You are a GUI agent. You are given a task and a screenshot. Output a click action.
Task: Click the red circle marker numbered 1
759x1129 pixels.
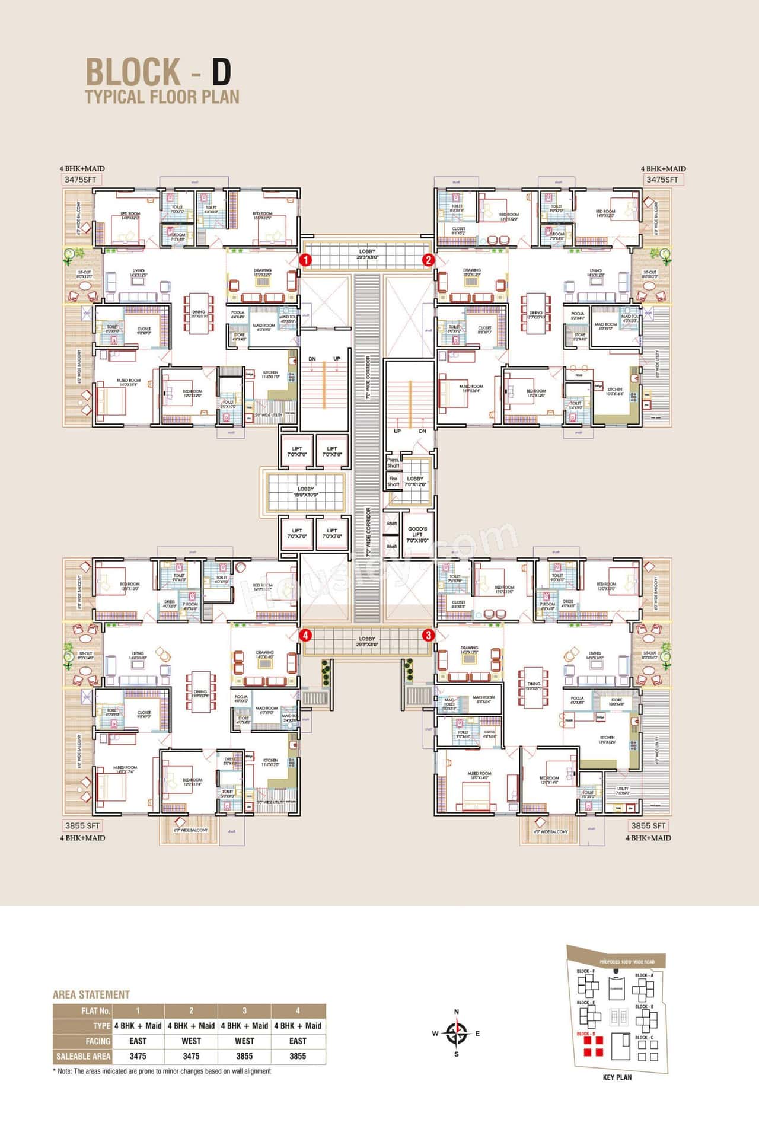(x=305, y=260)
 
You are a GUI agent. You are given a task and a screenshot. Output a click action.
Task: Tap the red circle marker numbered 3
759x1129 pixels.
(x=428, y=635)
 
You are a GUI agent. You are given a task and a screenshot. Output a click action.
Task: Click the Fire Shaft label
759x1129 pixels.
(x=393, y=481)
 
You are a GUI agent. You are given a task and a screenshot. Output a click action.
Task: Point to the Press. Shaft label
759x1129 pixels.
(x=393, y=463)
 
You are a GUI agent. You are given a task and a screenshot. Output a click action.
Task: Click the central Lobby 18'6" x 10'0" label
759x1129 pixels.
(x=306, y=492)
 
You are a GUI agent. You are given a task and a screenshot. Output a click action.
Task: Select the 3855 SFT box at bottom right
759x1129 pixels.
(x=648, y=825)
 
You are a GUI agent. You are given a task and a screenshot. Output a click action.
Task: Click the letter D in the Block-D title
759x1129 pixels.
(x=221, y=72)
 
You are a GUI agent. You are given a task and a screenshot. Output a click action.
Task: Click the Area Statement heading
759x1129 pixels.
(x=91, y=994)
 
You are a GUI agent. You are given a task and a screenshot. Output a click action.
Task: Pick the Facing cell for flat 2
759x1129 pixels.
(x=191, y=1041)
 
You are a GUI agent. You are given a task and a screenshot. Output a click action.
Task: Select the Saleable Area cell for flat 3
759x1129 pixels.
(x=244, y=1056)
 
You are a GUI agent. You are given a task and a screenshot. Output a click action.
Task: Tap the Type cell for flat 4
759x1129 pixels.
(x=298, y=1026)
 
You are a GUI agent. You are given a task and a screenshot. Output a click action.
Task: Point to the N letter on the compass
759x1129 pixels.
(x=456, y=1012)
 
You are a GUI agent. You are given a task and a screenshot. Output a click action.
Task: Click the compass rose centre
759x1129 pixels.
(x=456, y=1033)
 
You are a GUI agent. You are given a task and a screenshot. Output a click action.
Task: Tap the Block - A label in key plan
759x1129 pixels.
(x=644, y=975)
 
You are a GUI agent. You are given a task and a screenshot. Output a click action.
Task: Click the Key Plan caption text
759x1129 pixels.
(x=617, y=1077)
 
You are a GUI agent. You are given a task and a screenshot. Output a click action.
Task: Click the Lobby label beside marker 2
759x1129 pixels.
(x=367, y=254)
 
